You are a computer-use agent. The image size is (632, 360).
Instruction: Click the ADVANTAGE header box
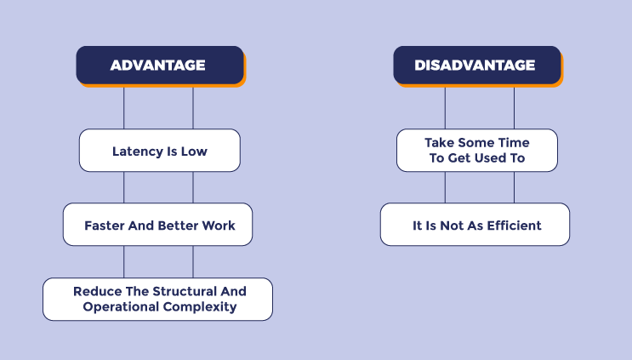159,66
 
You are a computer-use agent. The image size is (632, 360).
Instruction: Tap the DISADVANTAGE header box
476,66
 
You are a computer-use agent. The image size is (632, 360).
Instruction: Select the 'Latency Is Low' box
159,151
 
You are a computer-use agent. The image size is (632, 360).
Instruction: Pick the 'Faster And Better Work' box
157,225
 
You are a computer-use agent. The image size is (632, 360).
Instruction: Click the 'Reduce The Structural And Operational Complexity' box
157,299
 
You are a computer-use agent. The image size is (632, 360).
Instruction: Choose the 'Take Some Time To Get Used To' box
476,150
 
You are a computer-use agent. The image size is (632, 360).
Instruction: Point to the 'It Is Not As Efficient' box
475,225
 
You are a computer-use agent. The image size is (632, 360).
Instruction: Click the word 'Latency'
137,151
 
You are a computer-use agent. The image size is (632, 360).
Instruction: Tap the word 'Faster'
105,226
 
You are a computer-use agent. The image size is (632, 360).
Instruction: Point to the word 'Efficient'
514,226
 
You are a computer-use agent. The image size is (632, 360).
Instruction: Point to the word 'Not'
453,226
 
